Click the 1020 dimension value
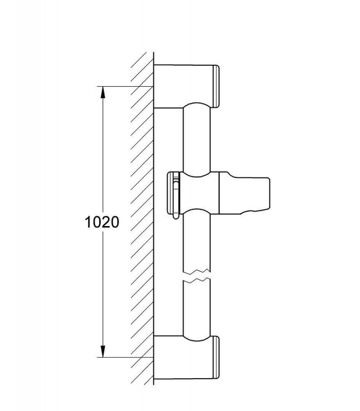(102, 222)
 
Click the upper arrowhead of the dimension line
(103, 92)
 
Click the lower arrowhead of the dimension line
(103, 351)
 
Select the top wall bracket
(186, 86)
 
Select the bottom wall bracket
(186, 358)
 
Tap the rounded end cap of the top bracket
(216, 86)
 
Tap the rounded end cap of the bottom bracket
(216, 358)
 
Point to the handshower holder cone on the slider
(244, 194)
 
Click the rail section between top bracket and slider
(196, 139)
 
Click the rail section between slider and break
(196, 240)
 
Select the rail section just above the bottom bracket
(196, 310)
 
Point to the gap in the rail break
(196, 275)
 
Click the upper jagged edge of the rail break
(196, 270)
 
